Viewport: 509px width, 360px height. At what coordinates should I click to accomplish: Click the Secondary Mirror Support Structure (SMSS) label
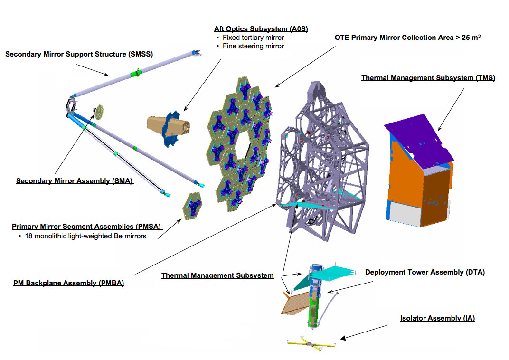(x=79, y=54)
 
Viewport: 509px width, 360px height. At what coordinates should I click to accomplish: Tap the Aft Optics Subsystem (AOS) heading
(x=261, y=29)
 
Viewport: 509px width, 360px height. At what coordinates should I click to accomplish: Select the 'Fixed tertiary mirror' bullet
(x=253, y=38)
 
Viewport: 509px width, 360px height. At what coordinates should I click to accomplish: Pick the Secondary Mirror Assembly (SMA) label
(x=75, y=181)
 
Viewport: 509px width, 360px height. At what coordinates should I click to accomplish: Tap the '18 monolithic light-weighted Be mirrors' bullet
(x=85, y=236)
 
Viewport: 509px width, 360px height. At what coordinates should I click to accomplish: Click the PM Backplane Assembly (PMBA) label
(x=69, y=283)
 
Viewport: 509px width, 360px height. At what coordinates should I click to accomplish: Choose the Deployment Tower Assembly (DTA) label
(x=425, y=272)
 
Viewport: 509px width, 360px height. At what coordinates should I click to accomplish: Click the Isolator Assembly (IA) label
(x=437, y=318)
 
